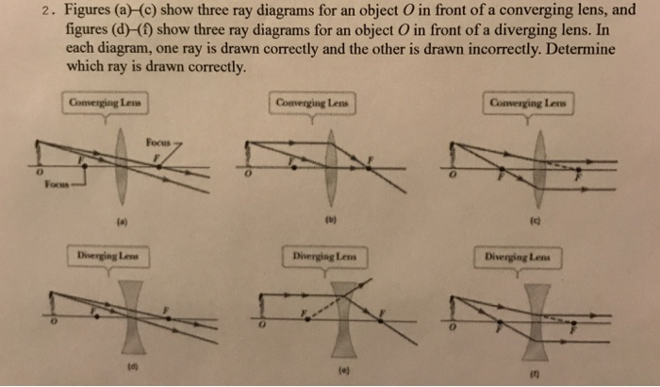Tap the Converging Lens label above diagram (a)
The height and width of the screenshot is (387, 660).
(x=105, y=101)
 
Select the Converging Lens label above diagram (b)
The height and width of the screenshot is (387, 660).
(x=311, y=101)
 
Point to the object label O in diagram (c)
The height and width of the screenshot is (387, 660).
(x=453, y=177)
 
